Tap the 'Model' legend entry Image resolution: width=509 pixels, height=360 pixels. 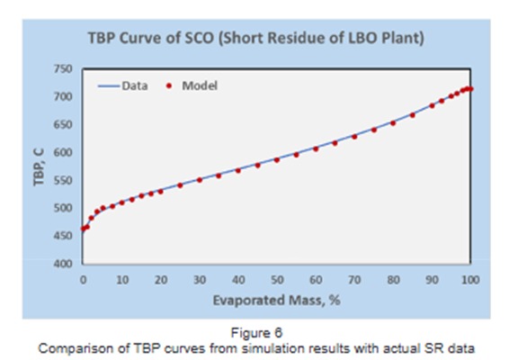tap(199, 86)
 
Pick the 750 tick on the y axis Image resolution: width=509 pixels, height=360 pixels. tap(62, 69)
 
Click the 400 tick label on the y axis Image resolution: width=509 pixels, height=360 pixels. tap(62, 264)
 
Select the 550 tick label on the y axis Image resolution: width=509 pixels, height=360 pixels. tap(62, 181)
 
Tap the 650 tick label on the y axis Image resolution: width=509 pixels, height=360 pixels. tap(62, 125)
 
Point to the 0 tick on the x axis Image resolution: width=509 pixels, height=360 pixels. tap(83, 280)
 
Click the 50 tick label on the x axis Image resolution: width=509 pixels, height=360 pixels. tap(276, 280)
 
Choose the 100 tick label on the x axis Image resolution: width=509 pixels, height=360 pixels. tap(469, 280)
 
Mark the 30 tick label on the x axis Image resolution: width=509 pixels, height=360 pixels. tap(199, 280)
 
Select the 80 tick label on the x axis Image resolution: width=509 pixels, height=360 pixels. tap(392, 280)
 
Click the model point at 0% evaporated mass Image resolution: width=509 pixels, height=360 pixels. tap(83, 229)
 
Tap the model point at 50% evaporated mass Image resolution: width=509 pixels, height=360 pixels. tap(276, 159)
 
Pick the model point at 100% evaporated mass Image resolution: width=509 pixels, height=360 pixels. tap(469, 88)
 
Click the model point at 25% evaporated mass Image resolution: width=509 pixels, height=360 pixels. tap(180, 184)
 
